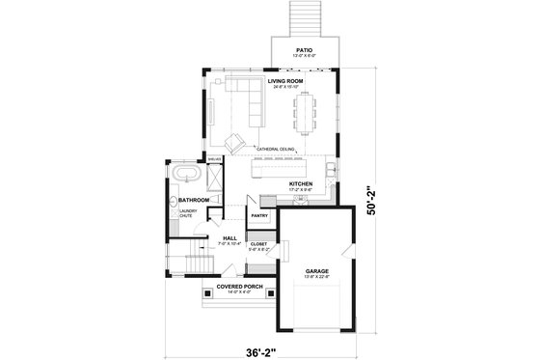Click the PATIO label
coord(304,48)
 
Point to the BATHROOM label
coord(193,200)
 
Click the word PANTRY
coord(259,215)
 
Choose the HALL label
coord(230,237)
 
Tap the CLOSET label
coord(258,244)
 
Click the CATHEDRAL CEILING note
coord(276,148)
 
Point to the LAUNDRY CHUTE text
coord(187,213)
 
